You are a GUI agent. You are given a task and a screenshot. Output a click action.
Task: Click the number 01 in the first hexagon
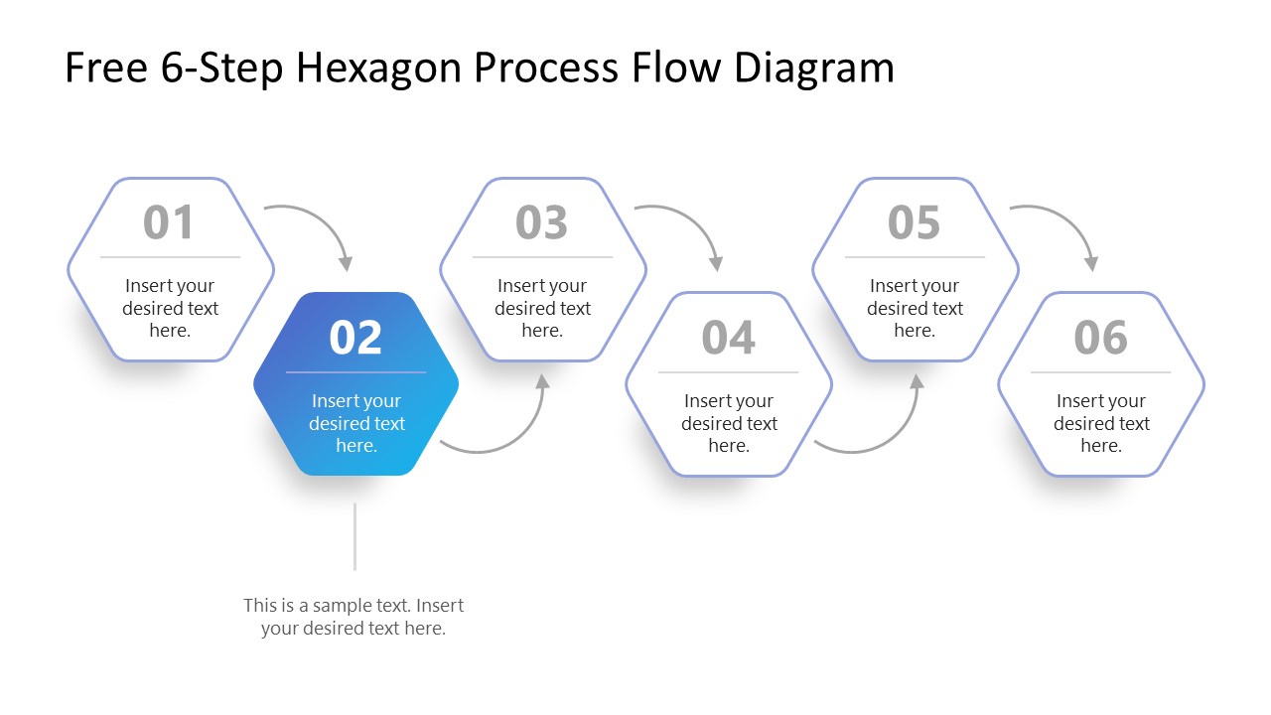[x=169, y=222]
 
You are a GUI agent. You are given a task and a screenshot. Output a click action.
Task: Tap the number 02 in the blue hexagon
[x=355, y=338]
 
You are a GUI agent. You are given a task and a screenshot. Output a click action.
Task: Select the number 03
[x=541, y=222]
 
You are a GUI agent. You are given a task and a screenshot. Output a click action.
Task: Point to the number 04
[x=728, y=338]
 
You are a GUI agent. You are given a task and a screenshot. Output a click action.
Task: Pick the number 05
[x=914, y=222]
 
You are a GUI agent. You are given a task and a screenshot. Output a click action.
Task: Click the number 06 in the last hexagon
[x=1100, y=338]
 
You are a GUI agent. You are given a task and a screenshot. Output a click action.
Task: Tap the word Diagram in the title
[x=814, y=68]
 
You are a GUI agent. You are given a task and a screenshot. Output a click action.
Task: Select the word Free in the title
[x=103, y=68]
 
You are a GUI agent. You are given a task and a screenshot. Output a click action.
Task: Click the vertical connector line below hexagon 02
[x=354, y=536]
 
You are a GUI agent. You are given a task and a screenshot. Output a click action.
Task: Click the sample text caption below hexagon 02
[x=353, y=617]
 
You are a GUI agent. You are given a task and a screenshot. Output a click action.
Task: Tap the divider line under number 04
[x=728, y=372]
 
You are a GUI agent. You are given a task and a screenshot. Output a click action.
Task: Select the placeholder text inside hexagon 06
[x=1100, y=423]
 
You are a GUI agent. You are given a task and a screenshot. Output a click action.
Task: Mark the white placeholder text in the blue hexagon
[x=355, y=423]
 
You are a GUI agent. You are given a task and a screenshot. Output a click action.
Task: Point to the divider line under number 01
[x=170, y=257]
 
